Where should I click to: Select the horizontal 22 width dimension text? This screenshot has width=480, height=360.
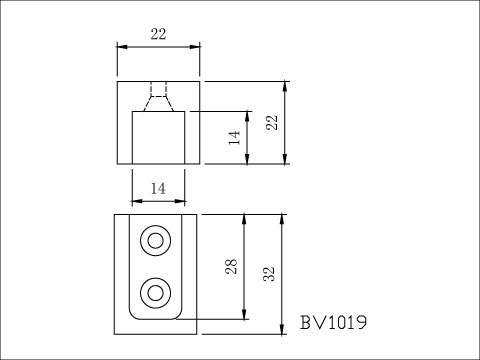coord(158,34)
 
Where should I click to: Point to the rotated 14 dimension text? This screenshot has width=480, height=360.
coord(234,137)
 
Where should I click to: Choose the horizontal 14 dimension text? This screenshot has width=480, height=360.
coord(158,187)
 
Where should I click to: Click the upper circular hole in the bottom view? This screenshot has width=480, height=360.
coord(155,241)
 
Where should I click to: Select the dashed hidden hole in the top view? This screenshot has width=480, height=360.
coord(158,96)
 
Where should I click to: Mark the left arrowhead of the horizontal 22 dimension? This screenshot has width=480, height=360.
coord(121,46)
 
